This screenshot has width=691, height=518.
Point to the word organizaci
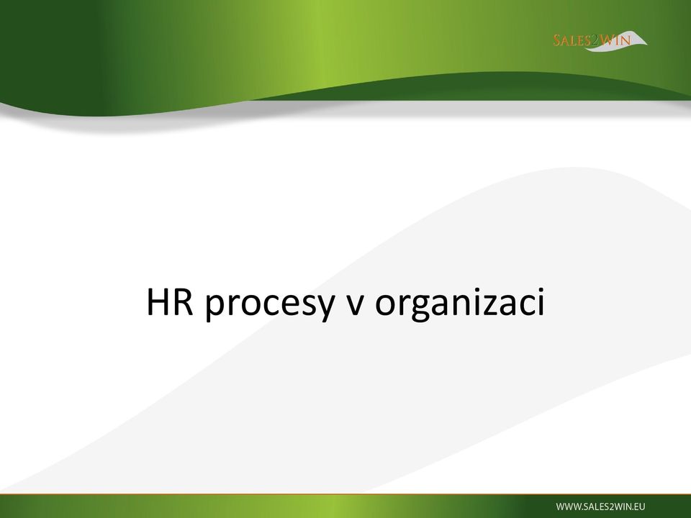click(x=460, y=304)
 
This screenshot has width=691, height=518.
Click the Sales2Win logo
click(x=600, y=41)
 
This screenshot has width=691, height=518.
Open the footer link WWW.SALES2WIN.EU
click(x=600, y=506)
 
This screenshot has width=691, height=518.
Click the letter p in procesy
click(x=214, y=309)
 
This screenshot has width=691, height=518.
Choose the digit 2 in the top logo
click(x=596, y=41)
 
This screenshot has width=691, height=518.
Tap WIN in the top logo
click(x=615, y=40)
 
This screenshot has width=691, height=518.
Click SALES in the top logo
click(x=572, y=40)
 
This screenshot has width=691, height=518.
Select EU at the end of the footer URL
click(x=639, y=506)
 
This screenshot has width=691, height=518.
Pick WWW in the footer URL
click(x=566, y=506)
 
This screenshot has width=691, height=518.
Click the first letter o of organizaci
click(x=384, y=305)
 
